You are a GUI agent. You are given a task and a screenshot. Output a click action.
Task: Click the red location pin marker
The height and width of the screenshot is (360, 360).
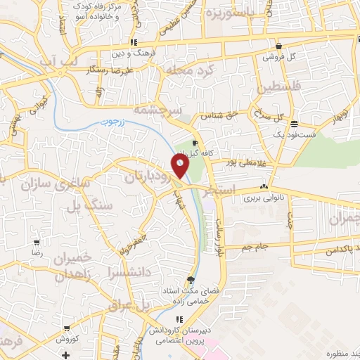(x=181, y=166)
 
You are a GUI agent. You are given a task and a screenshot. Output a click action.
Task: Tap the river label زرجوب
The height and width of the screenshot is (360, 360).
(x=109, y=121)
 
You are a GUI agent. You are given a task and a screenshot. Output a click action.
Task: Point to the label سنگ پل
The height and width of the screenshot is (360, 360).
(x=89, y=207)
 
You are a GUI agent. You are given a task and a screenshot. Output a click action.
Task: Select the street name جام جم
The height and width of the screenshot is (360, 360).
(x=254, y=247)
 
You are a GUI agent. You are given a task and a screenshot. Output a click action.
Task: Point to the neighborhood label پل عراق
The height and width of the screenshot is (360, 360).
(x=131, y=306)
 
